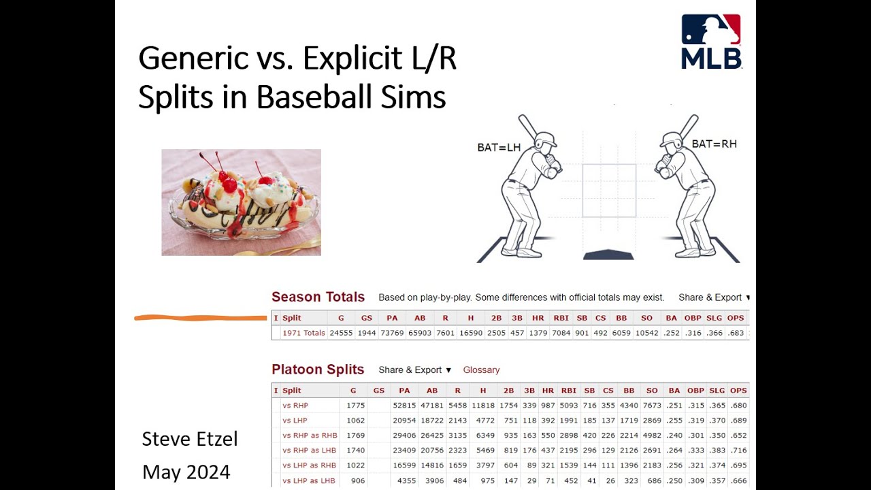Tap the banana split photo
[241, 202]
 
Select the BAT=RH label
[714, 144]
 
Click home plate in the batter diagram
[608, 255]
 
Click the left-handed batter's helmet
[545, 140]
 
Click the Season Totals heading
[318, 297]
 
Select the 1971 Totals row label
[303, 333]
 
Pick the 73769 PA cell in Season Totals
[392, 333]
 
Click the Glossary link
[481, 370]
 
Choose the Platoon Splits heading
[318, 370]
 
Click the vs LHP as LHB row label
[309, 480]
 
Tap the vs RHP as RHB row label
[310, 436]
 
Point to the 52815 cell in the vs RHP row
[404, 406]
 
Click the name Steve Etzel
[190, 439]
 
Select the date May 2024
[186, 472]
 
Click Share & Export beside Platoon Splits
[414, 370]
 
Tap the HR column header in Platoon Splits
[548, 391]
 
